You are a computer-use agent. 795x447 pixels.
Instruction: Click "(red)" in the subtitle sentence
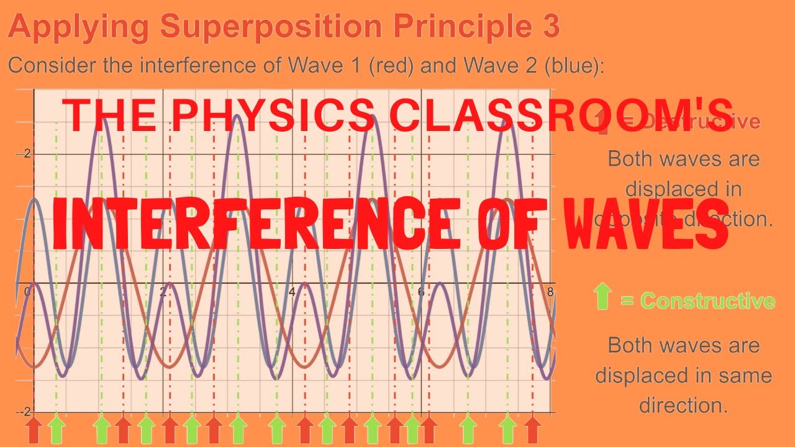tap(391, 66)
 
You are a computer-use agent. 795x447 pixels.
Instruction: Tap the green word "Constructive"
tap(707, 301)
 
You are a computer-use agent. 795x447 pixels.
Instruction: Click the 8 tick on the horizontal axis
tap(550, 292)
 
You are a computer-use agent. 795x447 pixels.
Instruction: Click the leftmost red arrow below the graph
tap(34, 430)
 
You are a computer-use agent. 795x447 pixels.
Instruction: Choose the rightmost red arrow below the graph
tap(532, 430)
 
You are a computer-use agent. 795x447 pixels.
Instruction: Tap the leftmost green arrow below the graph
tap(57, 430)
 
